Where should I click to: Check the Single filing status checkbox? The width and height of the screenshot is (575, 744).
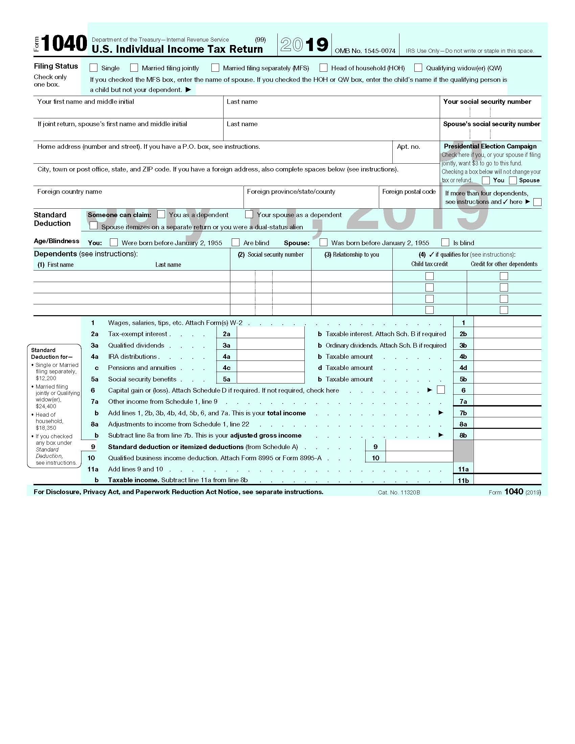pos(93,68)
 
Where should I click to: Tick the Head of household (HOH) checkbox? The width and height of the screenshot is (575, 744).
pos(323,68)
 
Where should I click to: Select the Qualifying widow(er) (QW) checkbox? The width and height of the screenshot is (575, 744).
pos(418,68)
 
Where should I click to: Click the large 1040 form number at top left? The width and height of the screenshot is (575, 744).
pos(64,44)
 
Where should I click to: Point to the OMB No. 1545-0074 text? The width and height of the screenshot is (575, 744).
pos(365,51)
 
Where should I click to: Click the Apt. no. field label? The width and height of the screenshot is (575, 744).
pos(408,147)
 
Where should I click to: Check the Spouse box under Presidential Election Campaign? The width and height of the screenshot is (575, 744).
pos(513,180)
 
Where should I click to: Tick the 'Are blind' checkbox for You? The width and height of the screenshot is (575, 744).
pos(235,242)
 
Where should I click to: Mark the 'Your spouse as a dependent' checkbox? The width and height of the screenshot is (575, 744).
pos(249,214)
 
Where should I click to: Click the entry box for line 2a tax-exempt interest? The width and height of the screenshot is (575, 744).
pos(270,334)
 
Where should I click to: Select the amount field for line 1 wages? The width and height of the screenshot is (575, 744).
pos(507,322)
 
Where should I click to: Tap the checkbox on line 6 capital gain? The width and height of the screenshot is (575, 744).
pos(441,390)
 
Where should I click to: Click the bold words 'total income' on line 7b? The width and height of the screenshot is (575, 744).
pos(286,413)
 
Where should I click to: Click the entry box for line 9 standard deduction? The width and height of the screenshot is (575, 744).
pos(419,446)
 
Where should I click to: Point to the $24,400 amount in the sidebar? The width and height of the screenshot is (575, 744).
pos(46,406)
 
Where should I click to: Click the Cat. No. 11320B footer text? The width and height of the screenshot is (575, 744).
pos(398,492)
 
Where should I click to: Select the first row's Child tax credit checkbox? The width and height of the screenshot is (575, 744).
pos(430,276)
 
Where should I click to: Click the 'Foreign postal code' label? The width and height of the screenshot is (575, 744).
pos(409,192)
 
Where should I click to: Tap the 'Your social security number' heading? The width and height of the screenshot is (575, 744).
pos(487,101)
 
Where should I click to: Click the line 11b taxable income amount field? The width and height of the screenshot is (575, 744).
pos(507,480)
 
